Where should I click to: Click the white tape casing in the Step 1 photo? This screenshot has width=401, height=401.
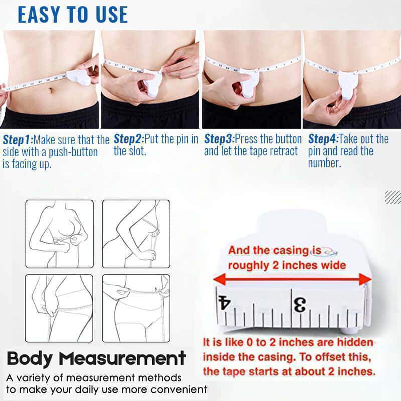pyautogui.click(x=80, y=76)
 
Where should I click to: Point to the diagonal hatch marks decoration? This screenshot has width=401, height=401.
pyautogui.click(x=392, y=197)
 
